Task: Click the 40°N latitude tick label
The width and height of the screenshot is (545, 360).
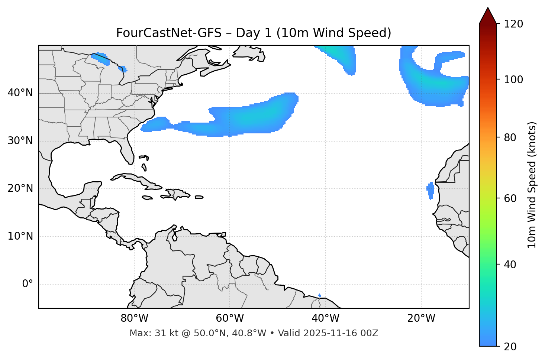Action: click(20, 93)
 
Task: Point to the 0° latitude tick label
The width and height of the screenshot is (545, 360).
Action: click(27, 284)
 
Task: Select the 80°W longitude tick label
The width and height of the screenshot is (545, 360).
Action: click(134, 318)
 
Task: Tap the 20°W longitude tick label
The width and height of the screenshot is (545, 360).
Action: click(421, 318)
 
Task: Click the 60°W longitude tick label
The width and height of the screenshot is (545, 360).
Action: click(230, 318)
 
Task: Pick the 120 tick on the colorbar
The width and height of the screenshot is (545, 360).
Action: click(513, 24)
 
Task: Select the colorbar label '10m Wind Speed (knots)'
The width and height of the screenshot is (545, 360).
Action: click(532, 185)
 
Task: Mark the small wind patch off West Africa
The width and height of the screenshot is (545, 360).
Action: click(430, 190)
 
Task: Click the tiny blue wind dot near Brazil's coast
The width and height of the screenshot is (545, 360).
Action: click(320, 295)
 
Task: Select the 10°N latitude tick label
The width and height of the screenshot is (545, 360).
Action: click(20, 236)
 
